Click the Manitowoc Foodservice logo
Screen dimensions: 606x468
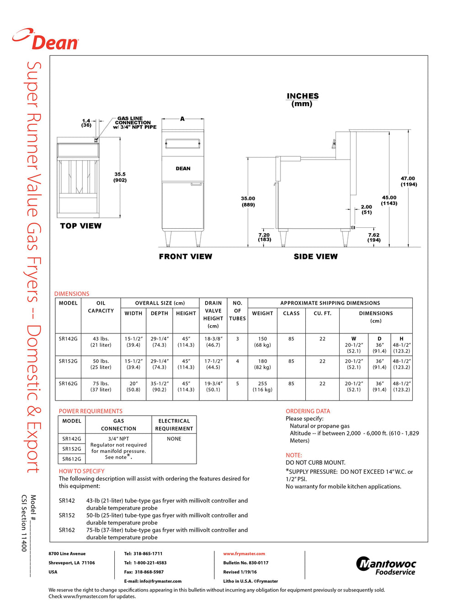tap(386, 566)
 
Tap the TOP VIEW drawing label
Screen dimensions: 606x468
tap(81, 226)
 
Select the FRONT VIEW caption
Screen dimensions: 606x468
tap(186, 257)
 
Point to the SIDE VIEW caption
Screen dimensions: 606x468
tap(316, 257)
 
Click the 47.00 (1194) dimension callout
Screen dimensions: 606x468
tap(409, 182)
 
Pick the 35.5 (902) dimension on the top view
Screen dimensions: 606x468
tap(120, 177)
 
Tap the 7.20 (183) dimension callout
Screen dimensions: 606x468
tap(265, 237)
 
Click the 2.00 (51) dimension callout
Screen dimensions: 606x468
tap(367, 209)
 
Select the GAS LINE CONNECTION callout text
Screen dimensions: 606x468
tap(133, 123)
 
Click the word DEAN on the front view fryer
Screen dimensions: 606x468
tap(183, 169)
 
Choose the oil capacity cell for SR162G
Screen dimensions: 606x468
tap(101, 386)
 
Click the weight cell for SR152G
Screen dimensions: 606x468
tap(262, 364)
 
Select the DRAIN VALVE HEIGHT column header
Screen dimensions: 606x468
tap(213, 315)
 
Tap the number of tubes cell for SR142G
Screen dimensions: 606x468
tap(237, 339)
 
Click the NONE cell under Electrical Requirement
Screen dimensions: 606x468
tap(174, 439)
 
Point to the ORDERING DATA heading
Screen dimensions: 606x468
tap(308, 411)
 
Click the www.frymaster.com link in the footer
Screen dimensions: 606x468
tap(244, 554)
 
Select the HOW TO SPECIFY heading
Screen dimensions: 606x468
tap(81, 471)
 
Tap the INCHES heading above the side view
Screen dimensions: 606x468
tap(303, 96)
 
